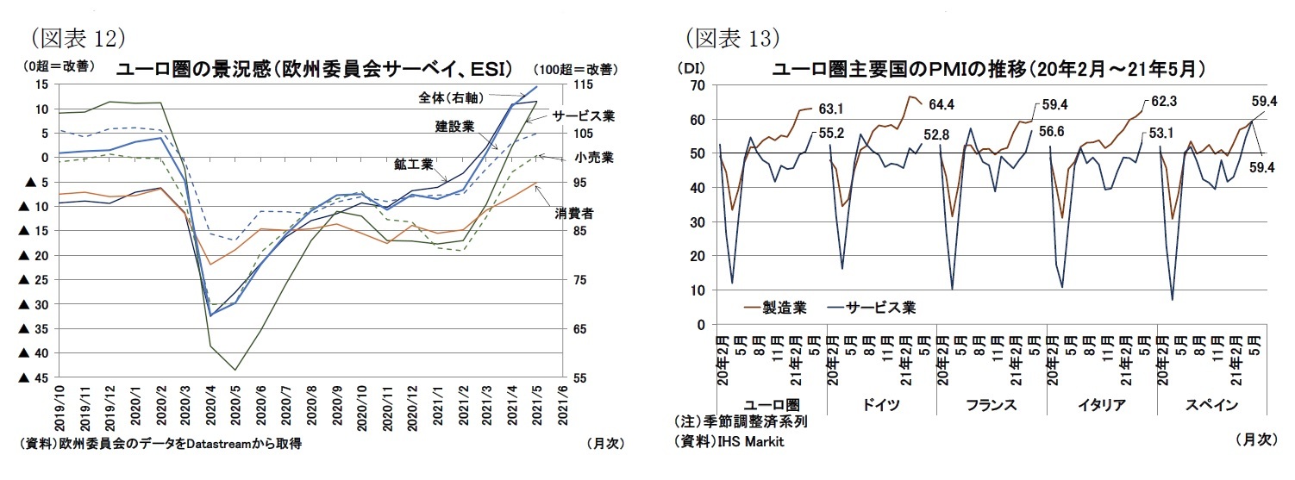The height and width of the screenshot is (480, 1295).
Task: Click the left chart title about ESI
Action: tap(315, 69)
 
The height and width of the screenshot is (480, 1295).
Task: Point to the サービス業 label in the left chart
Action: tap(584, 115)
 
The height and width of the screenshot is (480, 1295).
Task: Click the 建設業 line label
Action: tap(454, 127)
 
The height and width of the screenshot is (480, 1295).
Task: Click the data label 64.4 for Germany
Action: tap(945, 107)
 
